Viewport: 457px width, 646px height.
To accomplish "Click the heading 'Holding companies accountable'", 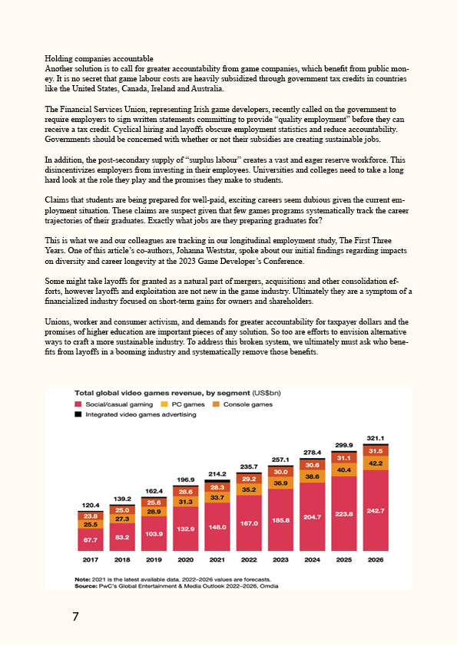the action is pos(99,59).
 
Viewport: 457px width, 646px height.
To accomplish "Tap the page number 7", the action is pos(75,616).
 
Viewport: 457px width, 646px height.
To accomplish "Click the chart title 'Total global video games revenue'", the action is pos(163,393).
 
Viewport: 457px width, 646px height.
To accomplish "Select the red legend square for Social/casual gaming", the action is pos(78,404).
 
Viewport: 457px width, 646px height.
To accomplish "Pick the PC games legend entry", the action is pos(182,404).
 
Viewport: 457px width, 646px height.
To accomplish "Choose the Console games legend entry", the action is pos(243,404).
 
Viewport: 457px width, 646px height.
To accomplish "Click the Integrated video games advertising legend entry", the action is pos(135,414).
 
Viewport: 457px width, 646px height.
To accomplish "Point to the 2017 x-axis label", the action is pos(91,559).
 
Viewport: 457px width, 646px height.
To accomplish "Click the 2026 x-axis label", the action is pos(376,559).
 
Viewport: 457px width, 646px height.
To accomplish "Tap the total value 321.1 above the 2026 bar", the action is pos(376,438).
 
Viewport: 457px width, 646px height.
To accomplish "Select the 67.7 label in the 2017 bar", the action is pos(91,539).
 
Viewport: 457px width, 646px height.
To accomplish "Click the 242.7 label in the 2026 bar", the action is pos(376,511).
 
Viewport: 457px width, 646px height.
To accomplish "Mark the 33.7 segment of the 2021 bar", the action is pos(217,498).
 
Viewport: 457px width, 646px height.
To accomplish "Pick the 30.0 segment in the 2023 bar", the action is pos(280,472).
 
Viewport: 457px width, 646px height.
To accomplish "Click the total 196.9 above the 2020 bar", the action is pos(186,480).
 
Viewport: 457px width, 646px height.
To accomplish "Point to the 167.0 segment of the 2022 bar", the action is pos(249,523).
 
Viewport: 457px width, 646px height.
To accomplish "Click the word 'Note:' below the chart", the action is pos(81,579).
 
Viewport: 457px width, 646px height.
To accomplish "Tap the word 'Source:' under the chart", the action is pos(85,585).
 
